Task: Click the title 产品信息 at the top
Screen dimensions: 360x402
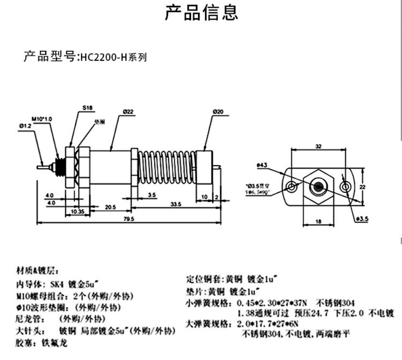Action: pyautogui.click(x=201, y=13)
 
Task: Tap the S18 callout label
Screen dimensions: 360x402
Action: pyautogui.click(x=87, y=109)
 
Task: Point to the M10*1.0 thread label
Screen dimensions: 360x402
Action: pyautogui.click(x=41, y=118)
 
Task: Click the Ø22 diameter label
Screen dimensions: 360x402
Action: pyautogui.click(x=128, y=112)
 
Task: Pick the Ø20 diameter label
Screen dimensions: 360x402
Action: pyautogui.click(x=218, y=112)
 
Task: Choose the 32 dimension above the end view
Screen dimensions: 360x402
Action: pyautogui.click(x=319, y=146)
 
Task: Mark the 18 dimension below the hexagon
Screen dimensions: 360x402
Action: pyautogui.click(x=318, y=221)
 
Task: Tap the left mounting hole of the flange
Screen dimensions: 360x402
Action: pyautogui.click(x=292, y=186)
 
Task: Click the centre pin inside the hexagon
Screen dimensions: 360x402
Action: pyautogui.click(x=319, y=186)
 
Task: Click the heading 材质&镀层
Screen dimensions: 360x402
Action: pyautogui.click(x=37, y=270)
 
